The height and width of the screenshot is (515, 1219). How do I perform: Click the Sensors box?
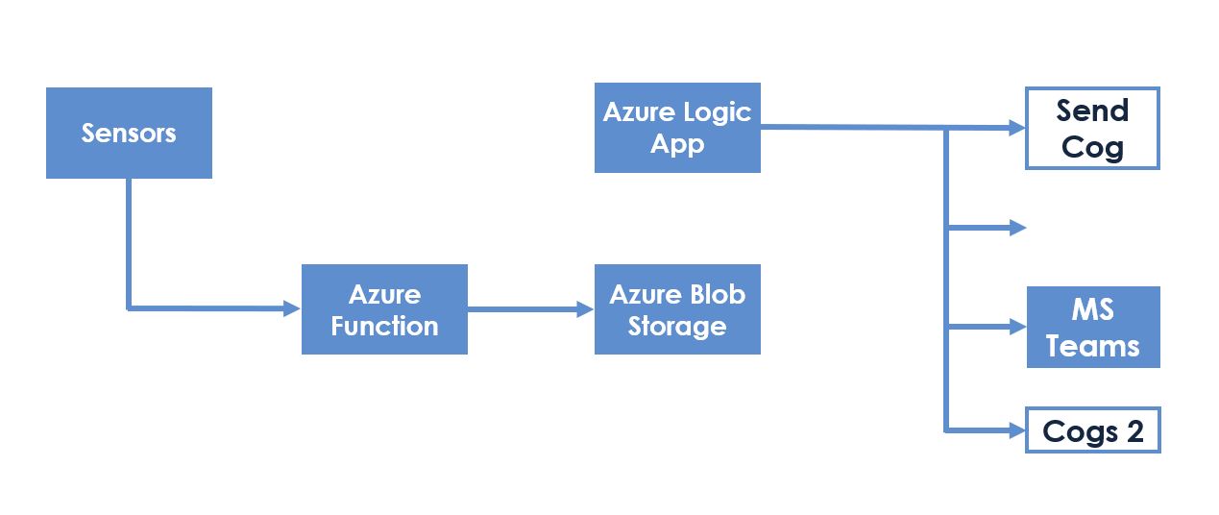pos(129,133)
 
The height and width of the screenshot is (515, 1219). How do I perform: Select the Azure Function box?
pos(385,309)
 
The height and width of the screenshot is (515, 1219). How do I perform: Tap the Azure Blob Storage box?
pos(677,309)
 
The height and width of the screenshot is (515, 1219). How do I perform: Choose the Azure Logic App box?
pos(677,128)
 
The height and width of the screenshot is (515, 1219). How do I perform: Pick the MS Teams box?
pos(1094,328)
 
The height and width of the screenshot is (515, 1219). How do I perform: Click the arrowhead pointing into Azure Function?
pos(293,308)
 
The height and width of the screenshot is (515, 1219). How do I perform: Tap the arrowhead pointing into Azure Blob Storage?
pos(586,309)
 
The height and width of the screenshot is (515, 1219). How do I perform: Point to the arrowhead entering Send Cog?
pos(1017,128)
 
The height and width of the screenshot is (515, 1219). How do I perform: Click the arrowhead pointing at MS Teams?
pos(1018,327)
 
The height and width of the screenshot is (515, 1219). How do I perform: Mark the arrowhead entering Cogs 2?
pos(1017,430)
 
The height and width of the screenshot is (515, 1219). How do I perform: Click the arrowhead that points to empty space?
pos(1018,228)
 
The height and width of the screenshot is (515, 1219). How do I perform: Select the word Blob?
pos(718,295)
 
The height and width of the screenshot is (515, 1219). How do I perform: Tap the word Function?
pos(385,326)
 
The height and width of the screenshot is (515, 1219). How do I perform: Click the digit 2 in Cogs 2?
pos(1135,431)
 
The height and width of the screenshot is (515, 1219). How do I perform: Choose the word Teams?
pos(1093,346)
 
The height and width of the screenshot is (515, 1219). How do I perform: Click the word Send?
pos(1093,110)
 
